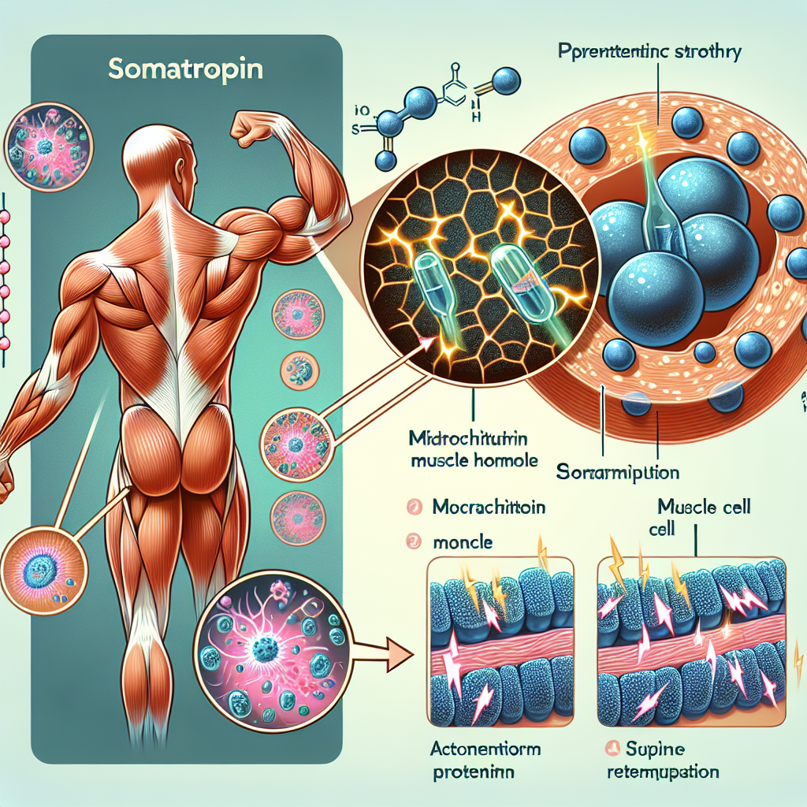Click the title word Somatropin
click(188, 68)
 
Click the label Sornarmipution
click(618, 474)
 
